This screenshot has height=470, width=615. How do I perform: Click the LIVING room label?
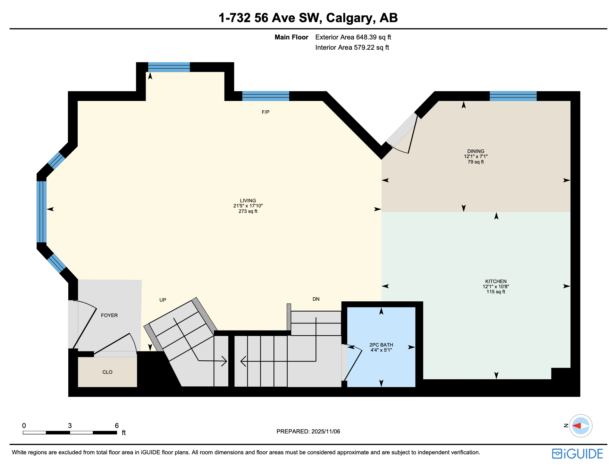248,201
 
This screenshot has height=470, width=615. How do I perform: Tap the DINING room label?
476,151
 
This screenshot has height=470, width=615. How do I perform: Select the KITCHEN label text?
496,281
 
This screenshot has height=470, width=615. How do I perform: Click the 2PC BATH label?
381,345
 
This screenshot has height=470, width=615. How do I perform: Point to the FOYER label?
109,315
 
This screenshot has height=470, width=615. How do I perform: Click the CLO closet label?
107,372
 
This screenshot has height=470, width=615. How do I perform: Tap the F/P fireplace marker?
265,112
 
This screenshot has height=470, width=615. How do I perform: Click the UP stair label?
163,300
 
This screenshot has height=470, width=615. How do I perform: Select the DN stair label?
316,299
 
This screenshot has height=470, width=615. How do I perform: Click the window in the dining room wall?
513,96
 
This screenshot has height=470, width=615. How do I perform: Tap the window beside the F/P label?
265,96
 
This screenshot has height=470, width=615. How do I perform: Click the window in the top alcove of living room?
169,67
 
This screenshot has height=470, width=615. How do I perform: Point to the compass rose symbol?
581,426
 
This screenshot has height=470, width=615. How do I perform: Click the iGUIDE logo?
577,454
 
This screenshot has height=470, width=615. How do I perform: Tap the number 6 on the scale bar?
117,426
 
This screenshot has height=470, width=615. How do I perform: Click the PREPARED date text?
308,432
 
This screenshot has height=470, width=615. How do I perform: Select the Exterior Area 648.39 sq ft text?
353,37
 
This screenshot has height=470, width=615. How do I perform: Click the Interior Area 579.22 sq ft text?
352,48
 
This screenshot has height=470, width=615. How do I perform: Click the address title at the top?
308,18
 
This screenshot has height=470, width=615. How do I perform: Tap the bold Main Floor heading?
291,37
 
